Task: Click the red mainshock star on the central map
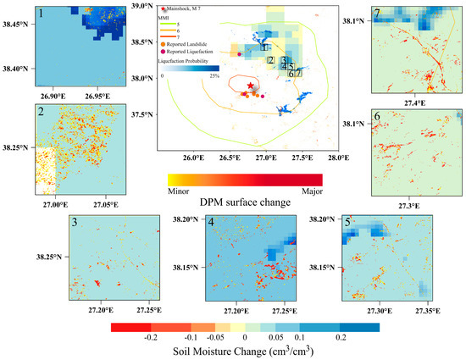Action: pyautogui.click(x=249, y=86)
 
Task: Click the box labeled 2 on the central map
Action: pyautogui.click(x=269, y=60)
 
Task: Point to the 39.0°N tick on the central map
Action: pyautogui.click(x=141, y=6)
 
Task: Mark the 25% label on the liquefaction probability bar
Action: pyautogui.click(x=214, y=75)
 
